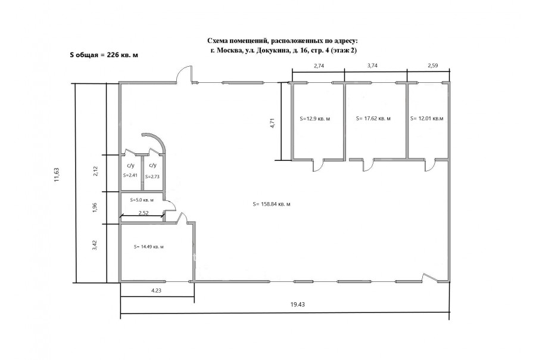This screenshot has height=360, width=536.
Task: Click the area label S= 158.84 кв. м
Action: pyautogui.click(x=272, y=204)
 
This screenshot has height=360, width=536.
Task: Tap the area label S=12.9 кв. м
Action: pyautogui.click(x=315, y=119)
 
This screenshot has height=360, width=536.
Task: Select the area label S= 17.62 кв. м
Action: pyautogui.click(x=373, y=119)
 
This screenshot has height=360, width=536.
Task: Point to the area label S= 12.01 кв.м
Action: pyautogui.click(x=426, y=119)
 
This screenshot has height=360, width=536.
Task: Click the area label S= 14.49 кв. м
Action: pyautogui.click(x=148, y=246)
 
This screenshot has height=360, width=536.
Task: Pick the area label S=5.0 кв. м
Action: pyautogui.click(x=142, y=200)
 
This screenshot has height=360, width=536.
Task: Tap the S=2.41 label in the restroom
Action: pyautogui.click(x=130, y=175)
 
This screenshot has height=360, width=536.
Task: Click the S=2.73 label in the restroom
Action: pyautogui.click(x=152, y=176)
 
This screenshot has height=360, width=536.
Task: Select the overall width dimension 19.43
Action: pyautogui.click(x=297, y=304)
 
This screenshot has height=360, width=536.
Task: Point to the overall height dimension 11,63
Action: pyautogui.click(x=57, y=175)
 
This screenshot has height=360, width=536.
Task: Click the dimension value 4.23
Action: pyautogui.click(x=156, y=290)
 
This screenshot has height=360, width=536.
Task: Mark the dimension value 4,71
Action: pyautogui.click(x=272, y=123)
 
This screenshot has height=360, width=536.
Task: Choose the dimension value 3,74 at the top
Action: pyautogui.click(x=372, y=66)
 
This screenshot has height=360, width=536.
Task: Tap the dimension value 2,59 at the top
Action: pyautogui.click(x=433, y=66)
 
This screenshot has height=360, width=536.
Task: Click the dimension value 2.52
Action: pyautogui.click(x=143, y=213)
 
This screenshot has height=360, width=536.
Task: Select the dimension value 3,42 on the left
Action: pyautogui.click(x=95, y=245)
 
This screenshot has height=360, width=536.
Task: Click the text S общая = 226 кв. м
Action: pyautogui.click(x=104, y=55)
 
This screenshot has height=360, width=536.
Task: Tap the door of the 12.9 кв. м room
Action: pyautogui.click(x=318, y=166)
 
